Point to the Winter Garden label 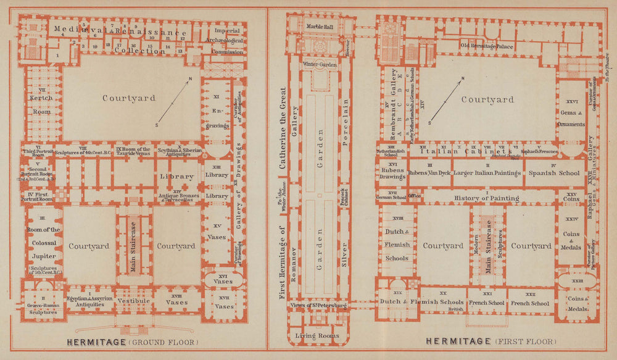(x=319, y=64)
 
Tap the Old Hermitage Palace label (x=487, y=46)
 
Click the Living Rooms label (x=318, y=335)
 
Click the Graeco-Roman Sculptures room (x=43, y=308)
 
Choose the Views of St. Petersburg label (x=319, y=305)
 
